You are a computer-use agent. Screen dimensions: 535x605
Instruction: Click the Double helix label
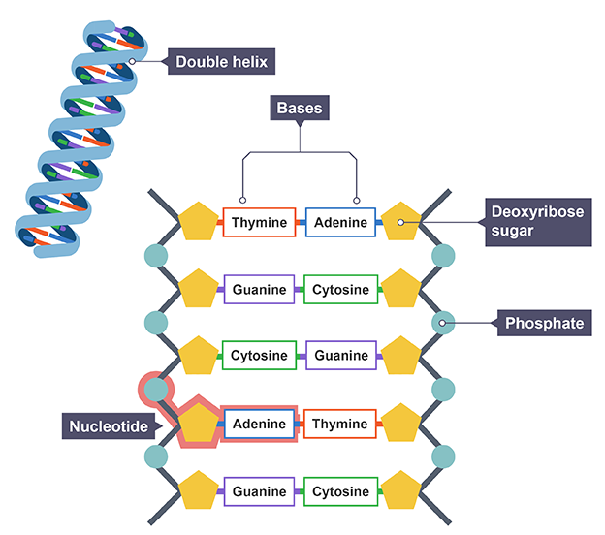(220, 62)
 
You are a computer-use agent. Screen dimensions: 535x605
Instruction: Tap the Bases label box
(300, 107)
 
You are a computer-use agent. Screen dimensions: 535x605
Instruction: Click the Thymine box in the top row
(259, 223)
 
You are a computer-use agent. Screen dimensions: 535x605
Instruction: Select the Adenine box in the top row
(340, 223)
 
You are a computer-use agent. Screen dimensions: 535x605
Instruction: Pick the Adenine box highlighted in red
(259, 424)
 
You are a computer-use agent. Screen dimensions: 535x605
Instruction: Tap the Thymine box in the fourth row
(340, 424)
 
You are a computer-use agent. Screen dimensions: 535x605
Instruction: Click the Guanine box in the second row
(259, 290)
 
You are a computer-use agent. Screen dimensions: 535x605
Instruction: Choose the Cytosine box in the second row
(340, 290)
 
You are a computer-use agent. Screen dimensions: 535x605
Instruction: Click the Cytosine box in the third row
(259, 356)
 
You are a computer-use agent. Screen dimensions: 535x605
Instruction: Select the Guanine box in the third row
(340, 356)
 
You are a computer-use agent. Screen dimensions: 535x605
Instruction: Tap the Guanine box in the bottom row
(259, 491)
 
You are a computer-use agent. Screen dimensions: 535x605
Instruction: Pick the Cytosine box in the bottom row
(340, 491)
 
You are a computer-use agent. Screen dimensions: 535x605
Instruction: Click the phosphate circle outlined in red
(155, 390)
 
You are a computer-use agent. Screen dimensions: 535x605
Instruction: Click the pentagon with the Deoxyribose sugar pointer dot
(398, 223)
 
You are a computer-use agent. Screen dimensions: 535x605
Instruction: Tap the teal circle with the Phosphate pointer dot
(443, 323)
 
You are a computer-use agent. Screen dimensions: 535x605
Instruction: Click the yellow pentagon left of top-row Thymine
(199, 223)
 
